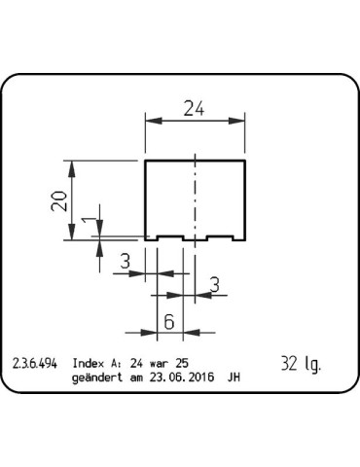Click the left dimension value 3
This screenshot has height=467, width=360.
(x=126, y=261)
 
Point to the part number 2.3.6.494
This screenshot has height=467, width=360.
(x=35, y=364)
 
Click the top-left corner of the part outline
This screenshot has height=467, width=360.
(x=146, y=160)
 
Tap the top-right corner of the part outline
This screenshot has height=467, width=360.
(x=244, y=160)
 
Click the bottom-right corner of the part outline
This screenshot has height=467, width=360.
(x=244, y=239)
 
